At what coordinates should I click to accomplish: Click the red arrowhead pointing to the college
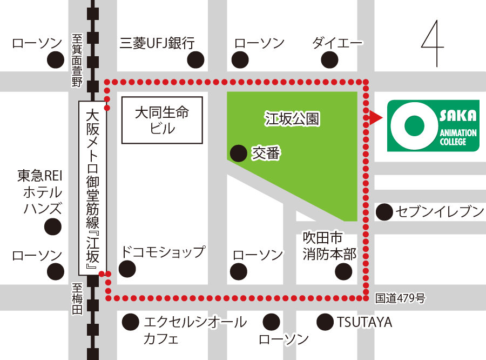pos(376,117)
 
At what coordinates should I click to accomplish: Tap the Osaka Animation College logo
pos(433,125)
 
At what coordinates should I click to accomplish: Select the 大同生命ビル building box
pos(162,120)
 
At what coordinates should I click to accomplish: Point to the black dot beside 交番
pos(238,154)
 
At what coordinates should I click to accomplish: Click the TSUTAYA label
pos(364,323)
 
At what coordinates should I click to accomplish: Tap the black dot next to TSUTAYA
pos(325,323)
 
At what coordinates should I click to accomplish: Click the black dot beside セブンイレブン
pos(384,212)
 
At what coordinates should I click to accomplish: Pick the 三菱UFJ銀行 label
pos(157,43)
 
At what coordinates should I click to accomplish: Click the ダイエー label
pos(337,43)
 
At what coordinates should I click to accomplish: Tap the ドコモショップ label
pos(163,252)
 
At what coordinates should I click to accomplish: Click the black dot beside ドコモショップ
pos(127,268)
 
